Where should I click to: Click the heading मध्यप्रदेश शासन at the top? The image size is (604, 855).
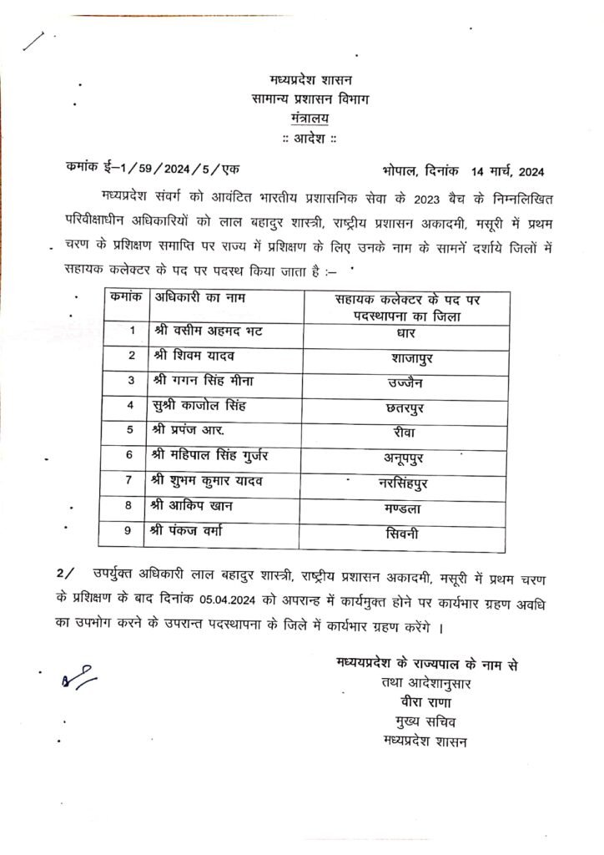pyautogui.click(x=310, y=81)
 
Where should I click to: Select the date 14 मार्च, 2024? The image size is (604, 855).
pyautogui.click(x=507, y=172)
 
